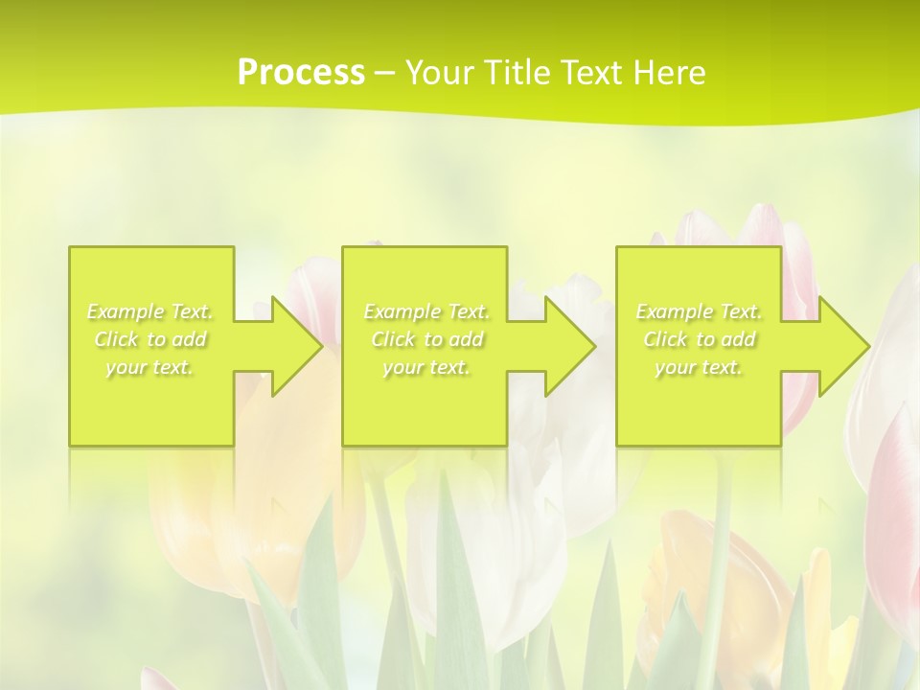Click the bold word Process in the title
[301, 73]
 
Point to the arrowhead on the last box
[837, 346]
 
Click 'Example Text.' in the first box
[149, 311]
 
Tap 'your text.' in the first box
[149, 367]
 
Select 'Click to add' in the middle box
[426, 339]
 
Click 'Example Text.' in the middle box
[426, 311]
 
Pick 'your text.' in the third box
[699, 367]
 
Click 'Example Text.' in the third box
[699, 311]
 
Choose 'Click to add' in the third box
[699, 339]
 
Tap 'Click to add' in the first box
[149, 339]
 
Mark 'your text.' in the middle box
[426, 367]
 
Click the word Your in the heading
[441, 73]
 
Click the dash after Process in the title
[385, 73]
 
